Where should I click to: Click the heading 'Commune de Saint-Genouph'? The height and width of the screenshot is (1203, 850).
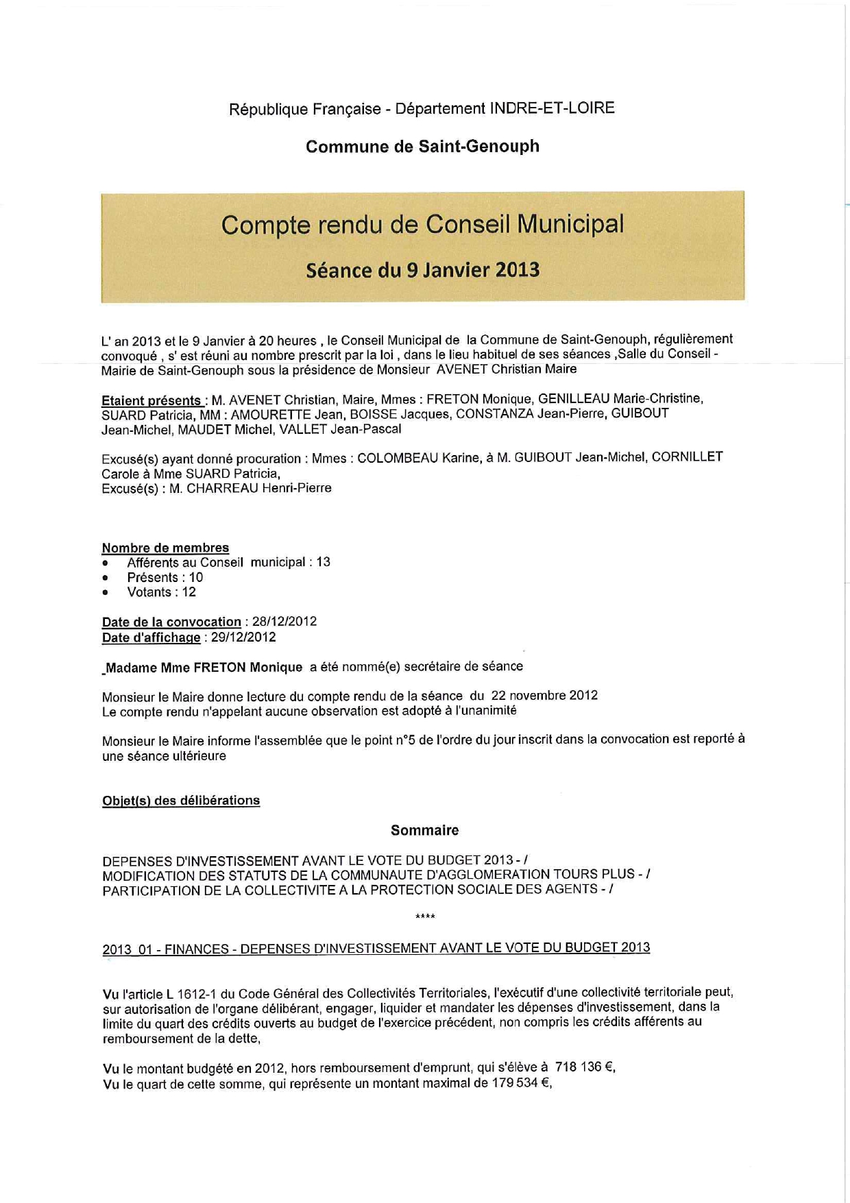pyautogui.click(x=422, y=147)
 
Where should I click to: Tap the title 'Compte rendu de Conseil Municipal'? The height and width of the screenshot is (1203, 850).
pyautogui.click(x=422, y=225)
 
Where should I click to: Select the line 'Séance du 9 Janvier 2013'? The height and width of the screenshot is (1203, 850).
pyautogui.click(x=422, y=270)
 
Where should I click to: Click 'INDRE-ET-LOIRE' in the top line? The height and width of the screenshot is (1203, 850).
pyautogui.click(x=552, y=108)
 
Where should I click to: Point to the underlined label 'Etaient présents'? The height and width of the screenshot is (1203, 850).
pyautogui.click(x=151, y=400)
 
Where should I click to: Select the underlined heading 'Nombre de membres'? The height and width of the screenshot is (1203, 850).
pyautogui.click(x=165, y=548)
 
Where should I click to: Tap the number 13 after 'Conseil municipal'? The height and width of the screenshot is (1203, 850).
pyautogui.click(x=323, y=562)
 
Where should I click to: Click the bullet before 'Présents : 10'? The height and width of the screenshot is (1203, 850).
pyautogui.click(x=106, y=578)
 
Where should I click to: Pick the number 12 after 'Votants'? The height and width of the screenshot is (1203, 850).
pyautogui.click(x=189, y=592)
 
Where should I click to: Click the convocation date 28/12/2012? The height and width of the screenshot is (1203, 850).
pyautogui.click(x=284, y=622)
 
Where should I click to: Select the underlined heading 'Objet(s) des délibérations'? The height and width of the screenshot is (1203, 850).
pyautogui.click(x=181, y=801)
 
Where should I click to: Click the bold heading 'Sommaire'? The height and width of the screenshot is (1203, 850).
pyautogui.click(x=424, y=830)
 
